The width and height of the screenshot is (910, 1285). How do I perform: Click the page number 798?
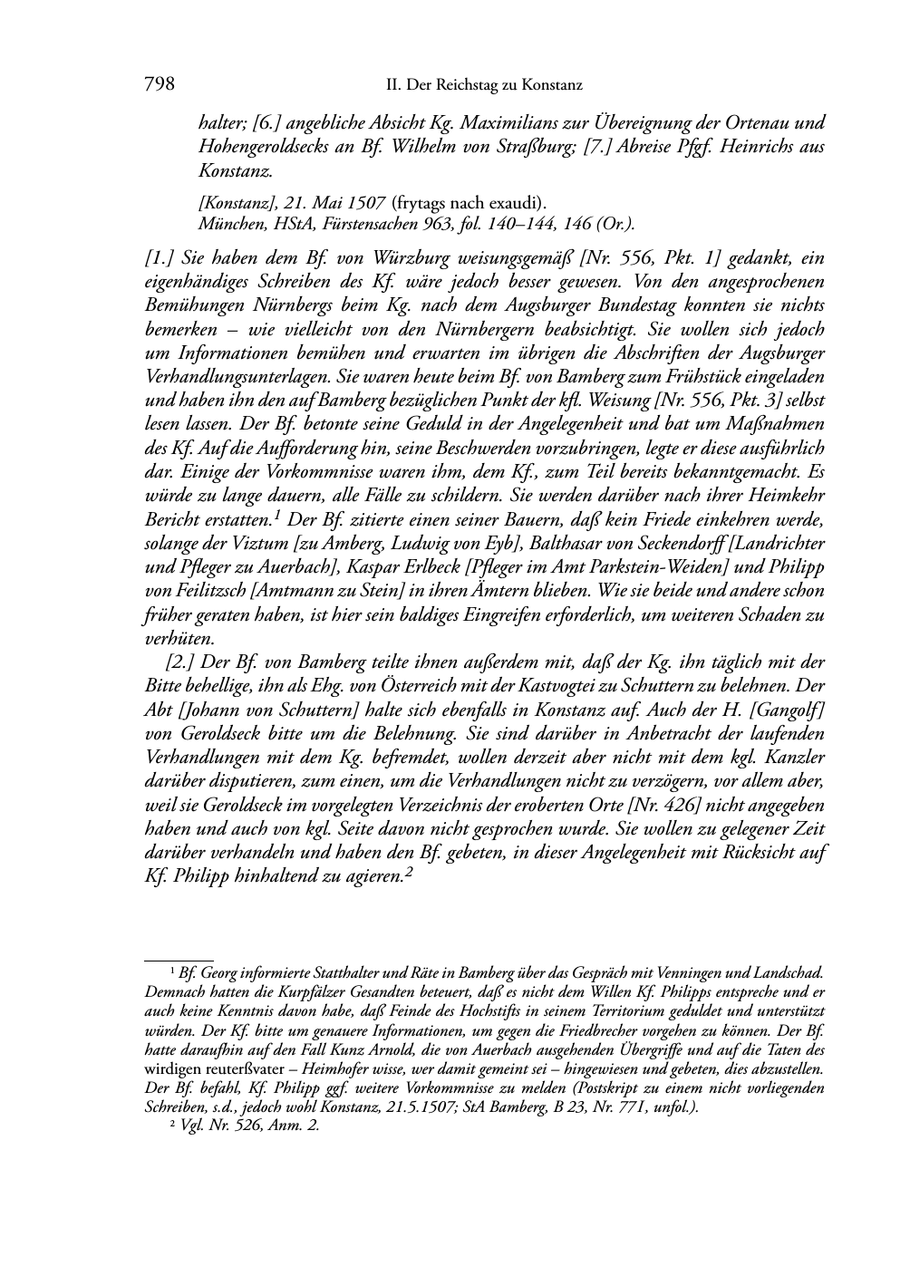click(x=159, y=85)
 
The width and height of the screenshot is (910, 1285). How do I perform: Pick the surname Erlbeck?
click(x=413, y=567)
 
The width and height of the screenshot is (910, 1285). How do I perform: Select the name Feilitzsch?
click(x=198, y=591)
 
